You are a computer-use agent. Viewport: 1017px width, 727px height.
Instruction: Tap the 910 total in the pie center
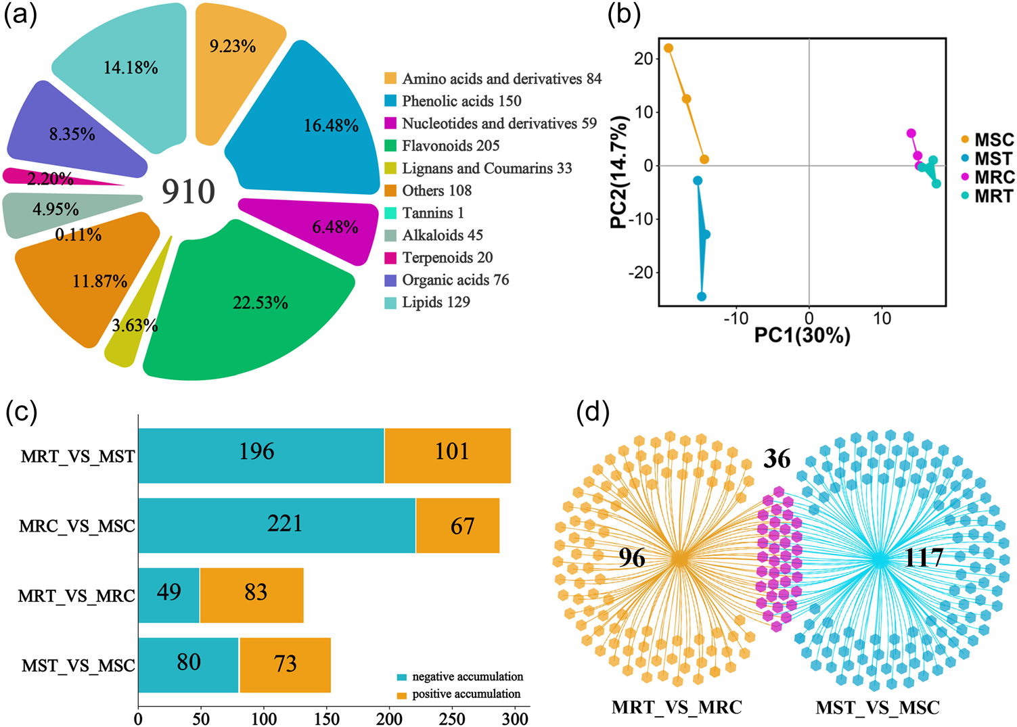point(188,192)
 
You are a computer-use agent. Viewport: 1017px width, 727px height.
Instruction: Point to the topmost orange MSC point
point(669,48)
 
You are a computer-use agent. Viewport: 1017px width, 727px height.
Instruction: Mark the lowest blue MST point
point(702,296)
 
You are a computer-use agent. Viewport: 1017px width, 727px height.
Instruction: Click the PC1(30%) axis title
point(802,335)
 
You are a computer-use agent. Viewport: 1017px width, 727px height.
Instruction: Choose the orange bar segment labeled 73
point(285,665)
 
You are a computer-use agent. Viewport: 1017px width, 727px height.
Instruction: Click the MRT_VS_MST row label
point(78,456)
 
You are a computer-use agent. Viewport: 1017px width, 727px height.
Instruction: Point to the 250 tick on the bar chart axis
point(452,718)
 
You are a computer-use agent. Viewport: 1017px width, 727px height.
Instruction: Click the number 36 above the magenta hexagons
point(777,459)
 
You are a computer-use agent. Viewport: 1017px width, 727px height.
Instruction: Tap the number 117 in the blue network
point(924,558)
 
